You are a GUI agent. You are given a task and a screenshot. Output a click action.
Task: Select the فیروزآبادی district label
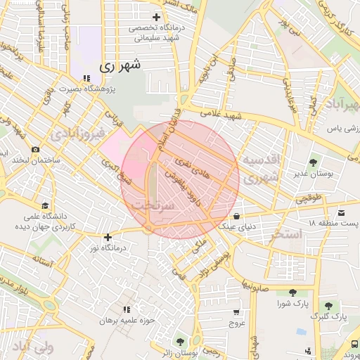coord(79,132)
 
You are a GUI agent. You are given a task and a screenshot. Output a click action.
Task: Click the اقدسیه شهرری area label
coord(261,169)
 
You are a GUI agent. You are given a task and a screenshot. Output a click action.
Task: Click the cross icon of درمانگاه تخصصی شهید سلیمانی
coord(155,16)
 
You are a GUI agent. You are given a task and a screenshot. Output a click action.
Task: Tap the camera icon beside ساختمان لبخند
coord(35,149)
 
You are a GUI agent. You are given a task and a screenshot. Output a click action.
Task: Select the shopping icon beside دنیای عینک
coord(236,215)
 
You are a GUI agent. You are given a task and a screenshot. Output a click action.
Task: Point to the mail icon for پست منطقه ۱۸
coord(342,212)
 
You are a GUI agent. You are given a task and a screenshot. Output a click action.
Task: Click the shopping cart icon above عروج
coord(236,312)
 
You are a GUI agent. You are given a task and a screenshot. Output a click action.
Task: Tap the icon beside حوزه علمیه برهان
coord(127,309)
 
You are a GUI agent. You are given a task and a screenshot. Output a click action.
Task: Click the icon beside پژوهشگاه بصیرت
coord(86,79)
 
